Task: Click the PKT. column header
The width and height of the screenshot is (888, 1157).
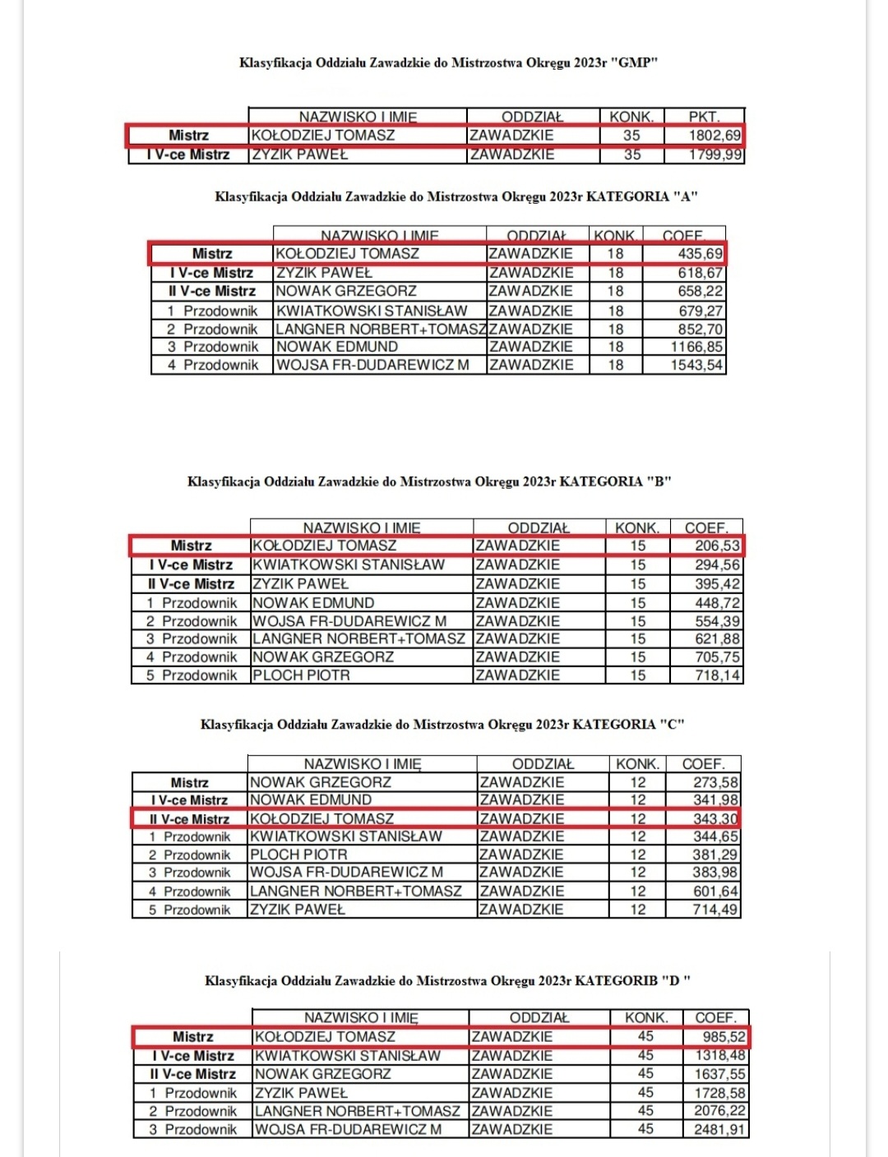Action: point(704,117)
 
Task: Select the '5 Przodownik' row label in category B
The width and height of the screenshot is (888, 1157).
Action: point(191,675)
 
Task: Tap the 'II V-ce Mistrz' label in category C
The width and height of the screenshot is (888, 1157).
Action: point(189,819)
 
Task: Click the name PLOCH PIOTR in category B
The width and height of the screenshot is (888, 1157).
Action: point(301,675)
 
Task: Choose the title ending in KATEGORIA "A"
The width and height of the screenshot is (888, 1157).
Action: point(456,196)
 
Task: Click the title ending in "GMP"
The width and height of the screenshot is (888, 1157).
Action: point(449,62)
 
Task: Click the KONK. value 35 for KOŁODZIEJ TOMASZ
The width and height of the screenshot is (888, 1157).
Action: point(631,136)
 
